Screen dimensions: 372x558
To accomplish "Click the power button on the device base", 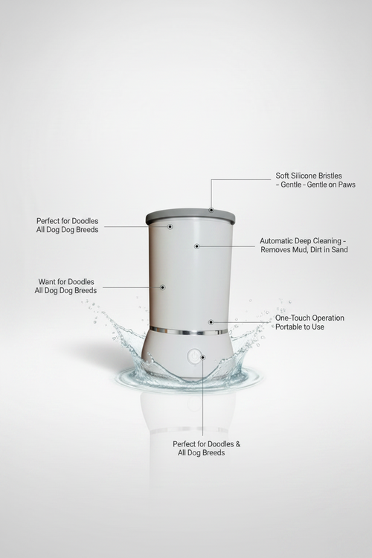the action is pos(193,356).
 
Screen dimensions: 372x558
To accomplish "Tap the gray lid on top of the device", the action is pos(190,217).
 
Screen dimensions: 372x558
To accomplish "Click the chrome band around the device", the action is pos(189,331).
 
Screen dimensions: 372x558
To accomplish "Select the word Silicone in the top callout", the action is pos(304,176).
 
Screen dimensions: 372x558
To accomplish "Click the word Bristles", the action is pos(330,176).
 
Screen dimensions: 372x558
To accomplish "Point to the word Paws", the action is pos(347,185).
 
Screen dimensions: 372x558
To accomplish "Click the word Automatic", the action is pos(275,241).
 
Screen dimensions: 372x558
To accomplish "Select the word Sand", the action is pos(339,249).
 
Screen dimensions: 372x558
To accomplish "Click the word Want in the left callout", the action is pos(47,282).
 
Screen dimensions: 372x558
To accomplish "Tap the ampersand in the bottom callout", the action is pos(238,444).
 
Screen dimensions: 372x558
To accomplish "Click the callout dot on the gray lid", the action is pos(211,210).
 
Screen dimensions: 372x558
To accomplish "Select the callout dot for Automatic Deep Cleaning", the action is pos(196,246).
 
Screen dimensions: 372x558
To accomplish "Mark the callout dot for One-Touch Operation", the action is pos(211,322).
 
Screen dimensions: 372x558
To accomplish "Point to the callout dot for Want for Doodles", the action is pos(162,287).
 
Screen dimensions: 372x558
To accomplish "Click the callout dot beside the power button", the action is pos(202,357).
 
